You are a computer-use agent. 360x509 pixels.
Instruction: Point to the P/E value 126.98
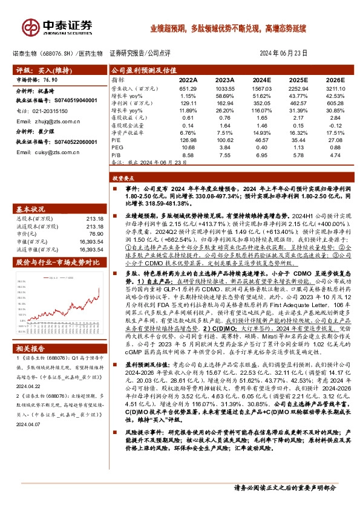pos(188,139)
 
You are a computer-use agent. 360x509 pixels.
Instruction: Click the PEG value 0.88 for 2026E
pos(335,148)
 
